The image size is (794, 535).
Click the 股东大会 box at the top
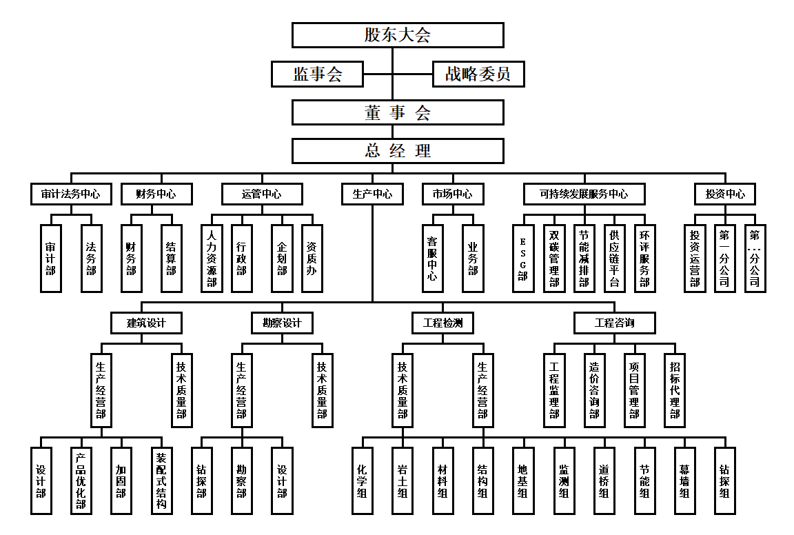tap(398, 35)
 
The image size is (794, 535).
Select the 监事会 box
tap(318, 74)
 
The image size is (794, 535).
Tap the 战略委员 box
tap(478, 74)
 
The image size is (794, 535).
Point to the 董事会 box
tap(398, 112)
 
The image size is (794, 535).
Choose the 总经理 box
tap(398, 151)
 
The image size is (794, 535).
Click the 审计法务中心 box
tap(65, 194)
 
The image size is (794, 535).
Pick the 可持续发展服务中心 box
tap(584, 194)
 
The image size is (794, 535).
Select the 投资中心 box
tap(724, 194)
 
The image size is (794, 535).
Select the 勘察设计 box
tap(282, 323)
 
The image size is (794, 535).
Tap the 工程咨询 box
tap(614, 323)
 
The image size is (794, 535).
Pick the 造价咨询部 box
tap(594, 390)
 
